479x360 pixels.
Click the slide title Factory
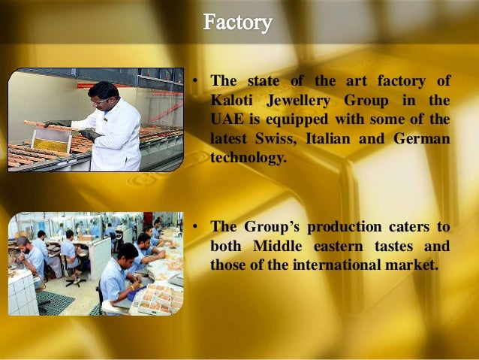237,23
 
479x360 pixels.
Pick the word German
423,140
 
